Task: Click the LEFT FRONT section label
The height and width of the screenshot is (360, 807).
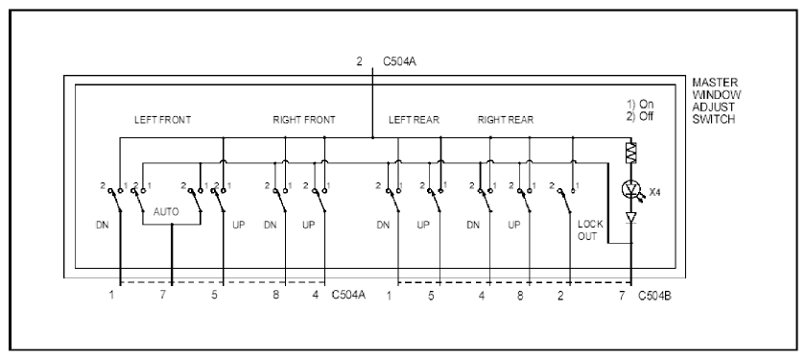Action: (162, 120)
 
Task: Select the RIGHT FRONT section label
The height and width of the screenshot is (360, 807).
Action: (303, 120)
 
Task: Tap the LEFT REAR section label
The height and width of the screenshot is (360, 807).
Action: (414, 120)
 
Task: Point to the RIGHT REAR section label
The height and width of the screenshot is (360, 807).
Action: (506, 120)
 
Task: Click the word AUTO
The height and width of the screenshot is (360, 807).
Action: (166, 211)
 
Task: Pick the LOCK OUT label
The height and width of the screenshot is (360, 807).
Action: (589, 230)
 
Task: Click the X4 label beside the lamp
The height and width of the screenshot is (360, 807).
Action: (654, 192)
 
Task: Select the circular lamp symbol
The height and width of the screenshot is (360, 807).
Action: (630, 190)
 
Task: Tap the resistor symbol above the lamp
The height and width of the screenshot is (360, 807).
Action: (631, 153)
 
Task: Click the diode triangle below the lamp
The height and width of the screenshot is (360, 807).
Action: (631, 218)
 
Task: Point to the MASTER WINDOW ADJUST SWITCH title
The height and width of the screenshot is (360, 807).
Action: (716, 101)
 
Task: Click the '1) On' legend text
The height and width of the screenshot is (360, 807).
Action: (640, 104)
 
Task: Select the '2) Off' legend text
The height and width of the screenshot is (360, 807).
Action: (640, 116)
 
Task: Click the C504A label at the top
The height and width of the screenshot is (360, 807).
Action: (399, 61)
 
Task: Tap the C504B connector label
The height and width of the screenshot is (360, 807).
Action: (654, 296)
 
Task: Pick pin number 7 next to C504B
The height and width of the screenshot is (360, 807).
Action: (621, 296)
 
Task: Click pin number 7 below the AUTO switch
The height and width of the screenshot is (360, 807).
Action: (162, 296)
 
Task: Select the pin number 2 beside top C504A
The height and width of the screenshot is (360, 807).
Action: (359, 61)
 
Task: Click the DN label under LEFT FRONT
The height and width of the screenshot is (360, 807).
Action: (102, 225)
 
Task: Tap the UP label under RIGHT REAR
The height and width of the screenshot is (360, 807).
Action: (513, 225)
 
